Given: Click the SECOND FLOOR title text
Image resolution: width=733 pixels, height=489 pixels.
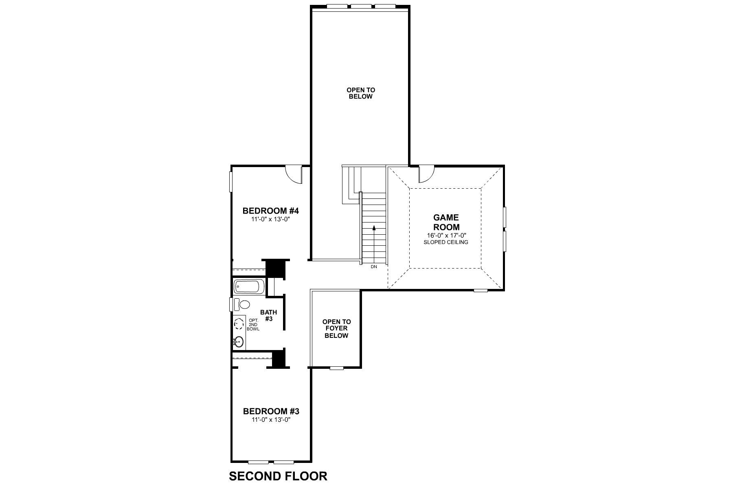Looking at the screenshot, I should [x=278, y=476].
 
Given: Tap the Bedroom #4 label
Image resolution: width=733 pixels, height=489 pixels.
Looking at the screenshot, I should [x=271, y=211].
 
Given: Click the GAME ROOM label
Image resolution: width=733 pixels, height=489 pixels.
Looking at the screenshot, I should [x=446, y=222].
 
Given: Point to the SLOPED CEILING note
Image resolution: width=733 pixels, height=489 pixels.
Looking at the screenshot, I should [x=446, y=242].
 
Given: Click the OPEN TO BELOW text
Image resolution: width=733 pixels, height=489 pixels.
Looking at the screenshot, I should [x=360, y=93].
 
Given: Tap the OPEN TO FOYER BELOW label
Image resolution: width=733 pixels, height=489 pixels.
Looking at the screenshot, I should [x=336, y=328].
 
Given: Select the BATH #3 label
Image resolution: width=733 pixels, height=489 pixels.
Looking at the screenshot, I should [x=268, y=315].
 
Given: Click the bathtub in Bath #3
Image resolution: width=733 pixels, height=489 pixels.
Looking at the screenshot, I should [x=249, y=287].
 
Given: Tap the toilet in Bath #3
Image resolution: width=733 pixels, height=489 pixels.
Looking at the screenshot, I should [x=244, y=304].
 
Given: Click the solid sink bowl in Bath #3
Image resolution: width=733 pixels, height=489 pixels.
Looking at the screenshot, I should [x=239, y=341].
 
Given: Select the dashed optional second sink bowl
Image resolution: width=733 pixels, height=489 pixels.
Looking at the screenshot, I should [x=239, y=324].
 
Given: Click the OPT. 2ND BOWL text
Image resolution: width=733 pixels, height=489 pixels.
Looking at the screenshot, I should [x=253, y=324].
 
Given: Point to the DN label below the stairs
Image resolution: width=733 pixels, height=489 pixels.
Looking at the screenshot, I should [x=374, y=267].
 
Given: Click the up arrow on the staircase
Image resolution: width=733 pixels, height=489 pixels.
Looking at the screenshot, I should [x=374, y=228].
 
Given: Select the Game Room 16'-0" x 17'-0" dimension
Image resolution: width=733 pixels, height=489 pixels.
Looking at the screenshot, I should [x=446, y=236].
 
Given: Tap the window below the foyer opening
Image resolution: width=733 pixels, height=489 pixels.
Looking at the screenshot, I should [x=336, y=368].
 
